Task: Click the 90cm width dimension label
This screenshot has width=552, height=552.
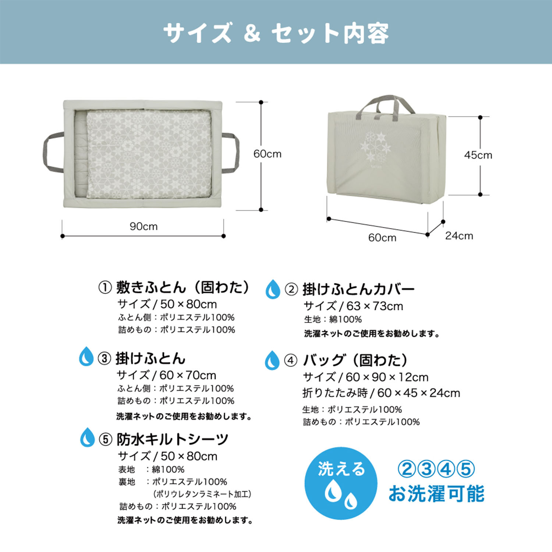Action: tap(144, 226)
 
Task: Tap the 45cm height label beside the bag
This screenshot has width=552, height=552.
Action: tap(478, 155)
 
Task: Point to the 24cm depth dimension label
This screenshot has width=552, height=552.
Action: tap(459, 236)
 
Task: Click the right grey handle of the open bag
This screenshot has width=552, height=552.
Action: tap(232, 153)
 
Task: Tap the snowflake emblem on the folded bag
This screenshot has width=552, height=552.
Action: tap(376, 147)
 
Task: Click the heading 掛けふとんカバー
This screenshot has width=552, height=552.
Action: tap(358, 289)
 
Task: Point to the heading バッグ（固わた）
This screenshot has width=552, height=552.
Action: tap(355, 360)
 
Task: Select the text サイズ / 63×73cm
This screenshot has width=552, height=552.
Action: tap(353, 306)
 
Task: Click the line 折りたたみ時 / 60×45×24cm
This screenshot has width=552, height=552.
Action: tap(381, 393)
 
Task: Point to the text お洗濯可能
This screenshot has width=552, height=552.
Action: tap(436, 493)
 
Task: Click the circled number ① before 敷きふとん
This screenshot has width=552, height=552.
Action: tap(105, 287)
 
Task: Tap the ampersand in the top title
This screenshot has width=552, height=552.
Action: tap(252, 33)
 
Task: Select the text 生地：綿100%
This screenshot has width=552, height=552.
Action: tap(333, 319)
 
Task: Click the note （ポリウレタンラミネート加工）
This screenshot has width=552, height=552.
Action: tap(202, 494)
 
